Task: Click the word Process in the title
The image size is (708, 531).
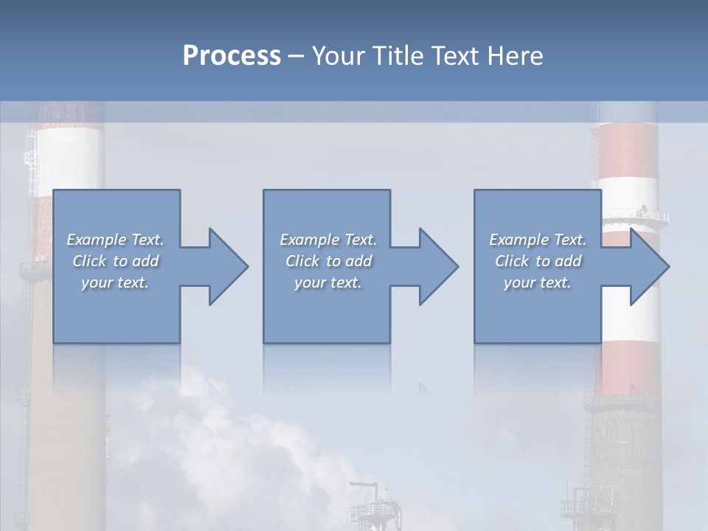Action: (x=232, y=56)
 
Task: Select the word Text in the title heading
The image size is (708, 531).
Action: (x=454, y=56)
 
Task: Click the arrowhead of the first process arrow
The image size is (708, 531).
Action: (x=228, y=266)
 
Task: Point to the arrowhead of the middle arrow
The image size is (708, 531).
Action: (x=438, y=266)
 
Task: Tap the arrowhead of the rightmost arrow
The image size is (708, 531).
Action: (x=649, y=266)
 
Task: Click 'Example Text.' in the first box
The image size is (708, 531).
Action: (x=116, y=240)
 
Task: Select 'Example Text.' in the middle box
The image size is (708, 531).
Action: (x=328, y=240)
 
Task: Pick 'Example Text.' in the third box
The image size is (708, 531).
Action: (x=538, y=240)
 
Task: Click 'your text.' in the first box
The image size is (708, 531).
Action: (x=115, y=282)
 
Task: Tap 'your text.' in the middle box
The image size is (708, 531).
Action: (x=328, y=282)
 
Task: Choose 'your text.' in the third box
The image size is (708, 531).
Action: (x=538, y=282)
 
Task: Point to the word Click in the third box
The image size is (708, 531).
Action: (x=513, y=261)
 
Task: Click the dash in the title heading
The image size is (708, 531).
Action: (x=296, y=56)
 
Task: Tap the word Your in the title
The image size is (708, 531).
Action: (x=335, y=56)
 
